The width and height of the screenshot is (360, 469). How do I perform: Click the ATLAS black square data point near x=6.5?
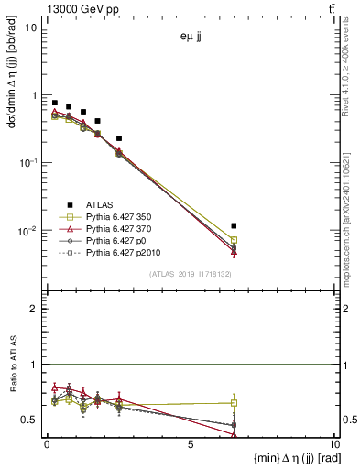point(235,225)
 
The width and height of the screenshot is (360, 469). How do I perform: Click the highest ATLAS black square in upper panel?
point(55,104)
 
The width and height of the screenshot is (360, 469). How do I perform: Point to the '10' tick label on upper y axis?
point(30,27)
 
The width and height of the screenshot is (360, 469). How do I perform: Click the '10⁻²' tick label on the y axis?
point(27,231)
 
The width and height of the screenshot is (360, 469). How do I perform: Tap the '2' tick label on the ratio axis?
point(34,310)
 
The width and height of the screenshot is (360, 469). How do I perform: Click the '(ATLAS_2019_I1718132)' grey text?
point(190,273)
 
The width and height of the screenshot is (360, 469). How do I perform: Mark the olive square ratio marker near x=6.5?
point(235,403)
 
